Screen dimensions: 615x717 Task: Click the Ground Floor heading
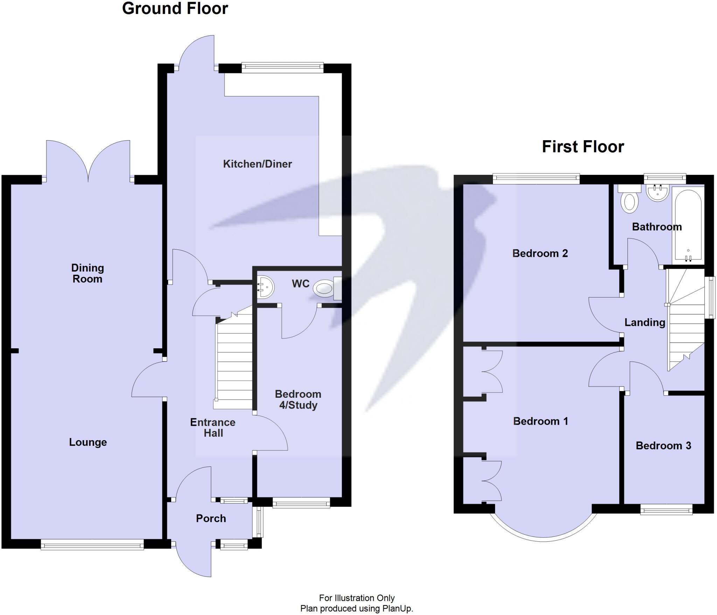[175, 8]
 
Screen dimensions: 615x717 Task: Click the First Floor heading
[583, 146]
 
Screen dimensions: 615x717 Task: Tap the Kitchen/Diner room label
[257, 164]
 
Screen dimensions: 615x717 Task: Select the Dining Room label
[88, 273]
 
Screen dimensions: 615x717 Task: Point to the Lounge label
[88, 442]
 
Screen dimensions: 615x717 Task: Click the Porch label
[211, 518]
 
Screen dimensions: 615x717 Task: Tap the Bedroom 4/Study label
[298, 399]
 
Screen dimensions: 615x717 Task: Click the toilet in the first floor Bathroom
[629, 201]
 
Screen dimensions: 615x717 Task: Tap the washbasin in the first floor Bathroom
[657, 193]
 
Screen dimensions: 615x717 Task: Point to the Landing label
[645, 322]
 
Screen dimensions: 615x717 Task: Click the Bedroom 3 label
[663, 445]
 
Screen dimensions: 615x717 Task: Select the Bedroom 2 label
[540, 253]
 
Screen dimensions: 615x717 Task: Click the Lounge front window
[92, 545]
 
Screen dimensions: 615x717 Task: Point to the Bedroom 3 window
[666, 509]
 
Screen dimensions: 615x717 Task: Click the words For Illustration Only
[357, 598]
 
